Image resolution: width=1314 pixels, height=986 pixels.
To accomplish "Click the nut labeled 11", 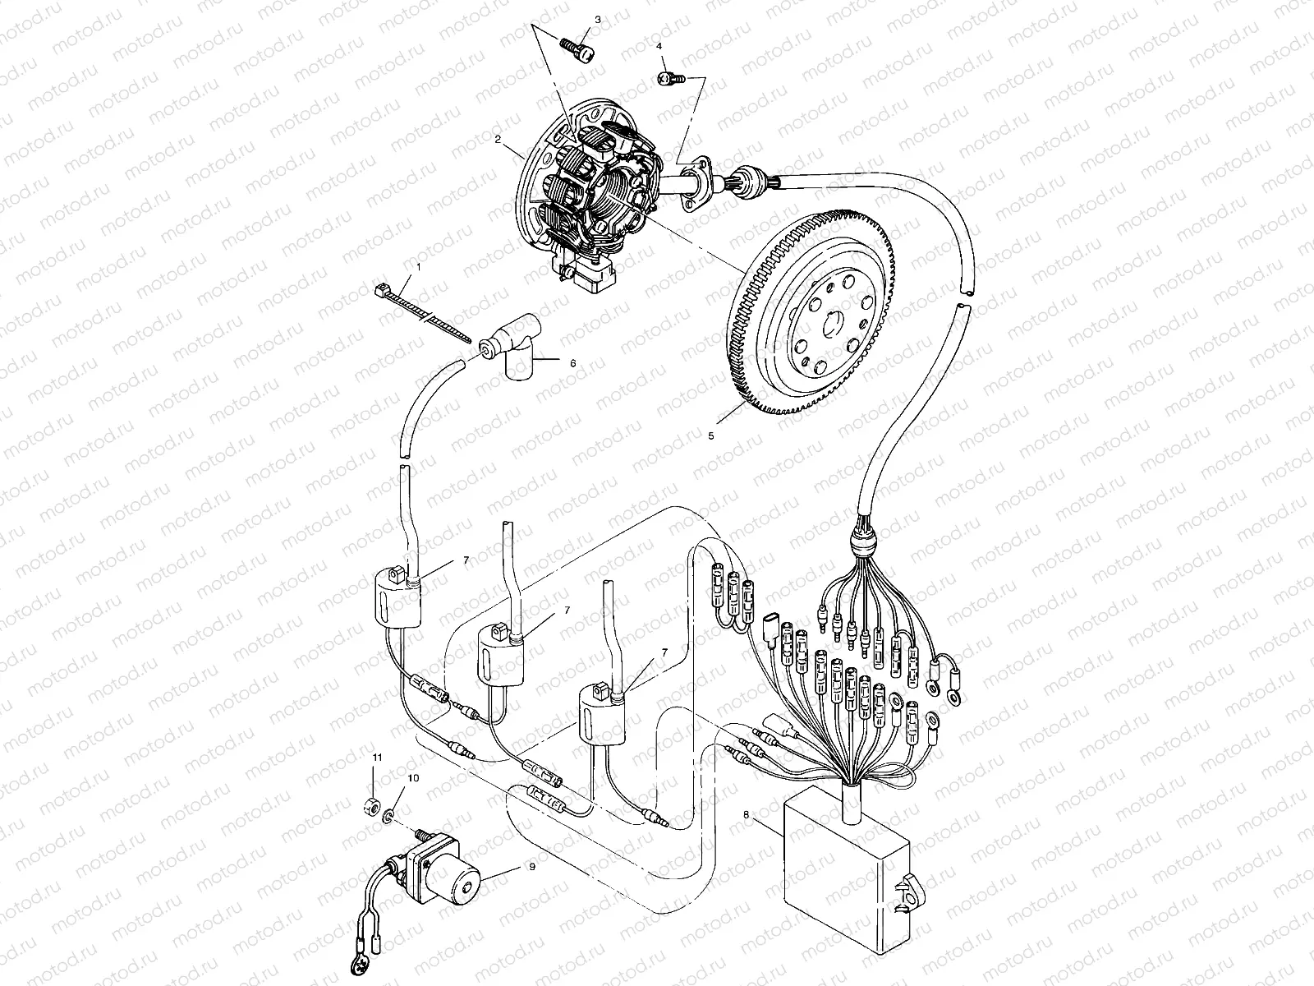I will coord(370,803).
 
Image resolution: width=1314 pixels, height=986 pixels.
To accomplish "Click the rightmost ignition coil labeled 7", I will coord(603,717).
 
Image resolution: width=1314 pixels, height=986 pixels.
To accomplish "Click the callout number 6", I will coord(573,362).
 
